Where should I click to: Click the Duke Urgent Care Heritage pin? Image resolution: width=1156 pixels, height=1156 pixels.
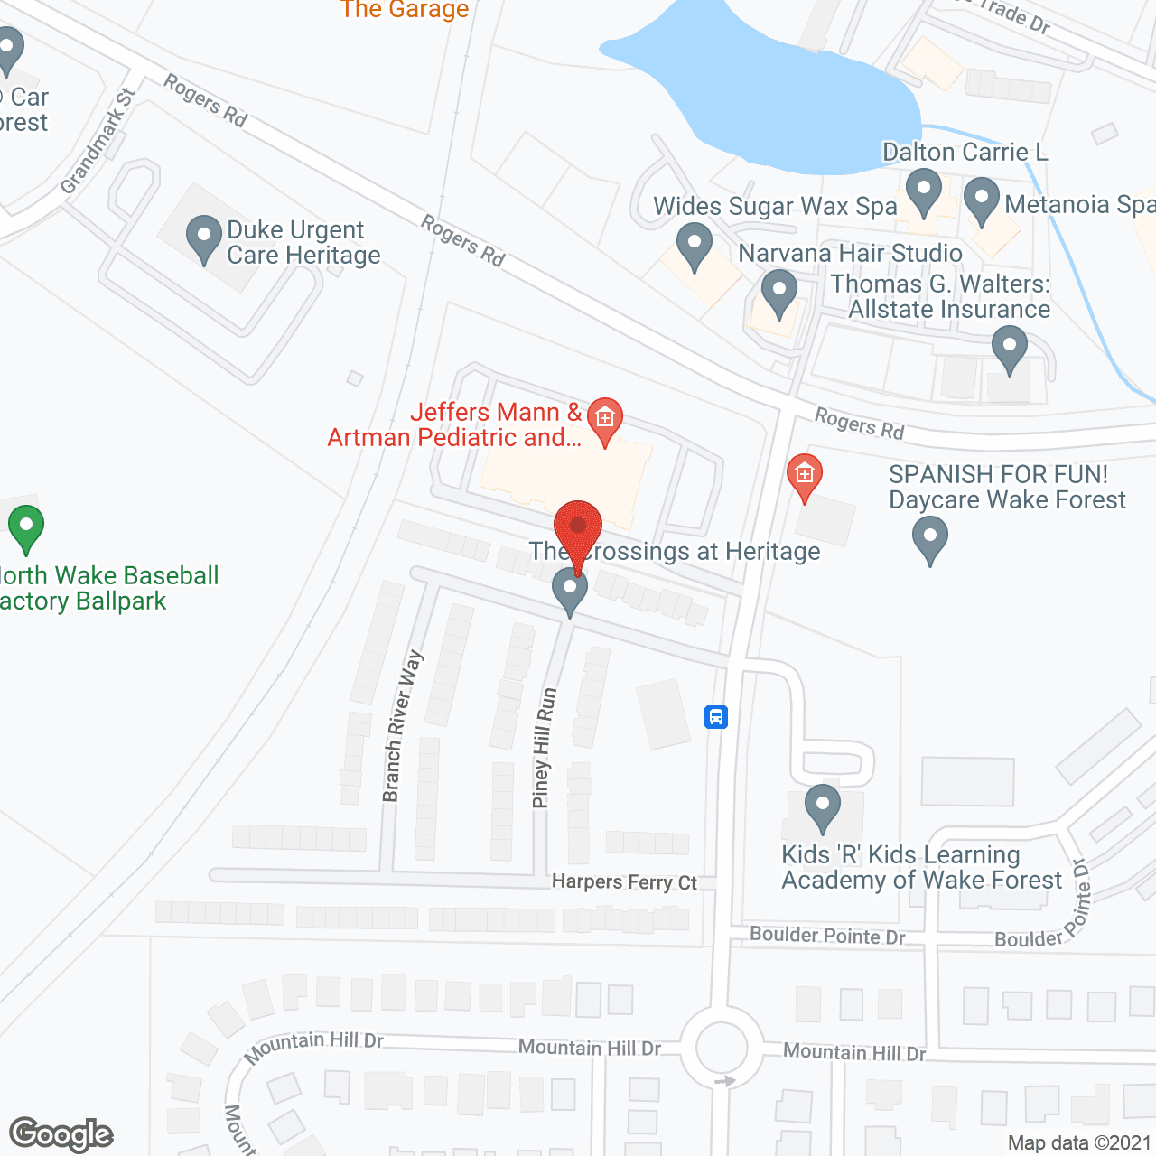pos(204,239)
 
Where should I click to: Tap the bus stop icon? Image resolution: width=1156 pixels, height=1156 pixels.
pos(716,717)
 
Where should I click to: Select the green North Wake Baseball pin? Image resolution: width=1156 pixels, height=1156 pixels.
pos(26,528)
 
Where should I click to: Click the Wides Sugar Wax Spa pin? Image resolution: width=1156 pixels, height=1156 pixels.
pos(695,247)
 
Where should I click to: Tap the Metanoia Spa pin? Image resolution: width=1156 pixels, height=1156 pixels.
pos(982,201)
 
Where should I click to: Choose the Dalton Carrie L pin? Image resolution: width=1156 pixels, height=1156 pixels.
pos(924,193)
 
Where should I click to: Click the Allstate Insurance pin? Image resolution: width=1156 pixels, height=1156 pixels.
pos(1010,349)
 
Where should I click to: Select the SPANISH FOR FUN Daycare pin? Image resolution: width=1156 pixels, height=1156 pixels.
pos(930,540)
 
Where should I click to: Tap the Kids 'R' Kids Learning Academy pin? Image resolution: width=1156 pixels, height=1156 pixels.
pos(822,806)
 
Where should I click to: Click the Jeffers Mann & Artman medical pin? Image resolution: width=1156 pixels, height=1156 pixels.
pos(605,421)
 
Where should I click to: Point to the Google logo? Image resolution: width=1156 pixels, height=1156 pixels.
pos(61,1134)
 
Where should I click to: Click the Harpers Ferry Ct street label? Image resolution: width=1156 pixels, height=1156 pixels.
pos(624,881)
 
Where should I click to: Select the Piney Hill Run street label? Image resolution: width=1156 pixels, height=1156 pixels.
pos(544,748)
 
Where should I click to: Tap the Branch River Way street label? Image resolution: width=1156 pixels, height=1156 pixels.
pos(402,725)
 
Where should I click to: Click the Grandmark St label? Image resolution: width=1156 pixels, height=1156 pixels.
pos(98,142)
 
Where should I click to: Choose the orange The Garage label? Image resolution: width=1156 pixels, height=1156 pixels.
pos(405,10)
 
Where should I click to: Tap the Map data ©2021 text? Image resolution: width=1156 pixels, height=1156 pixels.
pos(1079,1142)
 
